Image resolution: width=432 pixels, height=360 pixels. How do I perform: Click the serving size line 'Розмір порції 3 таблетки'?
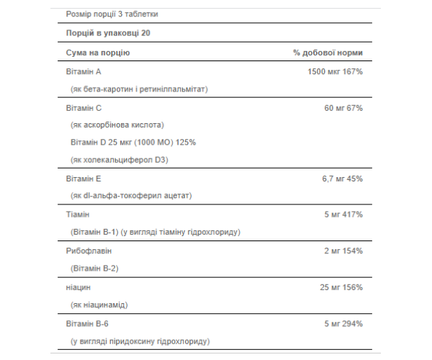(x=112, y=14)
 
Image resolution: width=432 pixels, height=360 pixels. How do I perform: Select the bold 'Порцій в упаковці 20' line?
(x=108, y=33)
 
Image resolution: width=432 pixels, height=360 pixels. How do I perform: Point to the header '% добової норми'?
(x=328, y=53)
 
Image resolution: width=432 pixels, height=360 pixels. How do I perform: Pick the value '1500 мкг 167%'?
(x=334, y=72)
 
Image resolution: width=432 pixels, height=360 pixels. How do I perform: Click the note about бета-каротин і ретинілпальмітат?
(x=139, y=89)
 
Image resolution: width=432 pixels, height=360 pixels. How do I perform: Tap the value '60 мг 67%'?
(x=343, y=108)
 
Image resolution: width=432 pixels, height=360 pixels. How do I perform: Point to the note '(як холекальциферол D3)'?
(x=119, y=159)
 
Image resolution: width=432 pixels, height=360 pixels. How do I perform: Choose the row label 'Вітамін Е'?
(x=84, y=179)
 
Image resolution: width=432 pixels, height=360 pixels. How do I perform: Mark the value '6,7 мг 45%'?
(x=341, y=179)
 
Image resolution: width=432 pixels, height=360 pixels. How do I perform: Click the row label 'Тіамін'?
(x=78, y=215)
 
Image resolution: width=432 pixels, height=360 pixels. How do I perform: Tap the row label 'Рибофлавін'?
(x=89, y=251)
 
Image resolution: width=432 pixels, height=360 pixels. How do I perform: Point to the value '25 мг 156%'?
(x=339, y=287)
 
